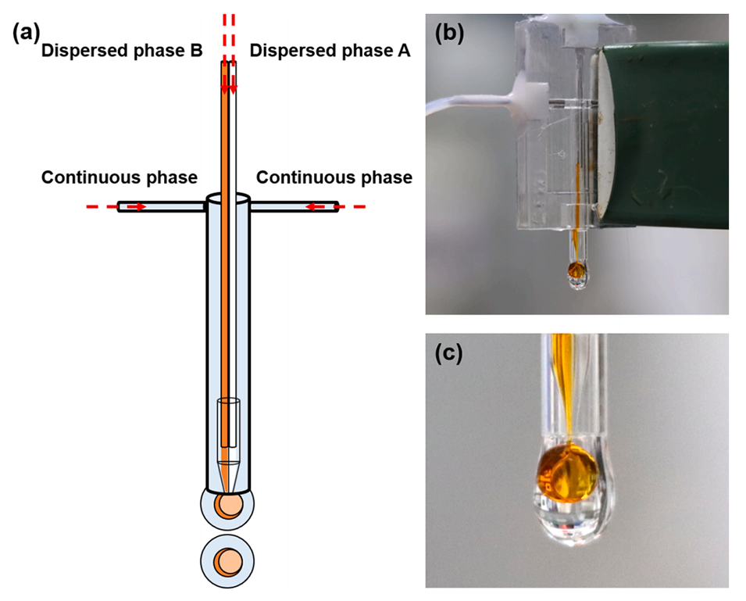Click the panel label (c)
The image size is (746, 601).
tap(449, 353)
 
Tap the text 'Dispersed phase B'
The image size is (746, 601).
tap(122, 52)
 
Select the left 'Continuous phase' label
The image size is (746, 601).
tap(120, 177)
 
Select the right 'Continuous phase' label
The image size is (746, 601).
tap(334, 177)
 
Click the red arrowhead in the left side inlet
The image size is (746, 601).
tap(141, 207)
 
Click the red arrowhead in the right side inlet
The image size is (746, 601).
tap(310, 207)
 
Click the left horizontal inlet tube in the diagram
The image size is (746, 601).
tap(160, 207)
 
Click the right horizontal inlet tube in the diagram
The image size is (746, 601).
tap(293, 207)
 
